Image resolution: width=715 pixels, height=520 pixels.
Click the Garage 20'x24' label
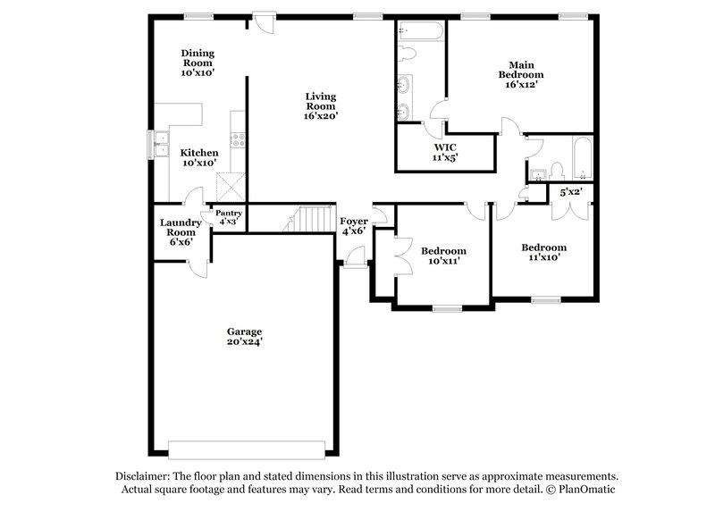tap(243, 336)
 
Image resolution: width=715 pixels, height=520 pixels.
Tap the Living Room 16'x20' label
tap(321, 105)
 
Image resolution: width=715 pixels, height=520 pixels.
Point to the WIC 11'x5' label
tap(445, 152)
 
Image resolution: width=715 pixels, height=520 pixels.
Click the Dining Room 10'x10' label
tap(198, 63)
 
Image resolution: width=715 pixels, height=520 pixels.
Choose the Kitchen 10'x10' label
tap(198, 158)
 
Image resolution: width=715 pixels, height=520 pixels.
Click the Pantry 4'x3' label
tap(228, 217)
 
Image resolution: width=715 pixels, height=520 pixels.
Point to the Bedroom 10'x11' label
tap(443, 256)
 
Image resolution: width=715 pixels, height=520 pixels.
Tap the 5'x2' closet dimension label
tap(569, 192)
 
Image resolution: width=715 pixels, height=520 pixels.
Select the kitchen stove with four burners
tap(239, 139)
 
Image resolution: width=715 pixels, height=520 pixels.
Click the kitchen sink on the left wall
tap(162, 143)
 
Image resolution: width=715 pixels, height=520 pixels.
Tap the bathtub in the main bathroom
tap(419, 31)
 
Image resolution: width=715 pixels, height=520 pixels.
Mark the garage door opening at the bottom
tap(244, 448)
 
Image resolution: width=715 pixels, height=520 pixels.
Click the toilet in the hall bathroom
tap(556, 167)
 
